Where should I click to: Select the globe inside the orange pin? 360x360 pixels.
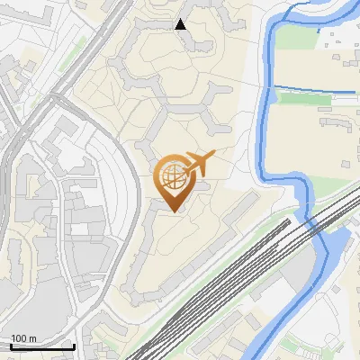point(172,175)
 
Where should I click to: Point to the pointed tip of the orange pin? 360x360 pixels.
point(172,212)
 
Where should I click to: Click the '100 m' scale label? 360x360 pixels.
point(23,338)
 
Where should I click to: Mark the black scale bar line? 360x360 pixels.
point(41,346)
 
